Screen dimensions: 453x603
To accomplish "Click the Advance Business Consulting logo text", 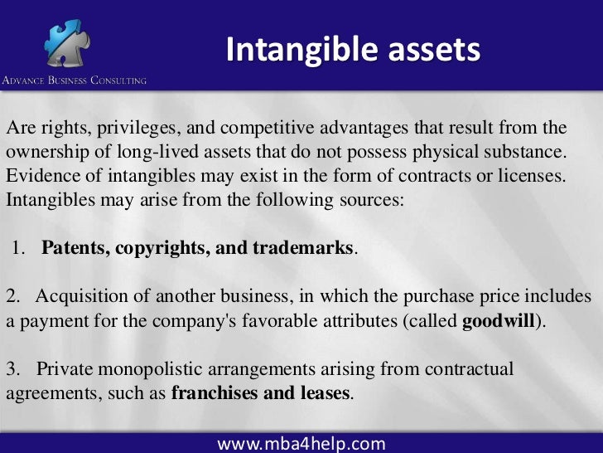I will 74,80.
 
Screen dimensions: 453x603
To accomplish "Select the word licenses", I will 535,177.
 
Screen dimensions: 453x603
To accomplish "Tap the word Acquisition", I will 80,297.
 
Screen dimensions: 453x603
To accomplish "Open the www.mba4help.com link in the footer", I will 301,442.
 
